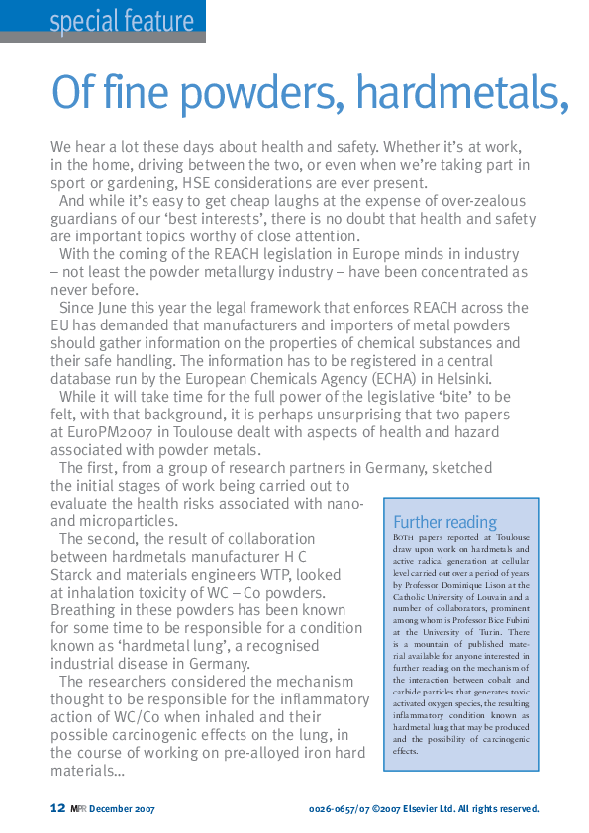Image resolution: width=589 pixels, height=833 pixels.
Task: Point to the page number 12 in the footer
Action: (x=57, y=808)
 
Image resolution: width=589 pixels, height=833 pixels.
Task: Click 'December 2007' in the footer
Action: (x=123, y=809)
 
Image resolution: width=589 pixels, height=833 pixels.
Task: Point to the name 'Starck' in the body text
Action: (x=74, y=575)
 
